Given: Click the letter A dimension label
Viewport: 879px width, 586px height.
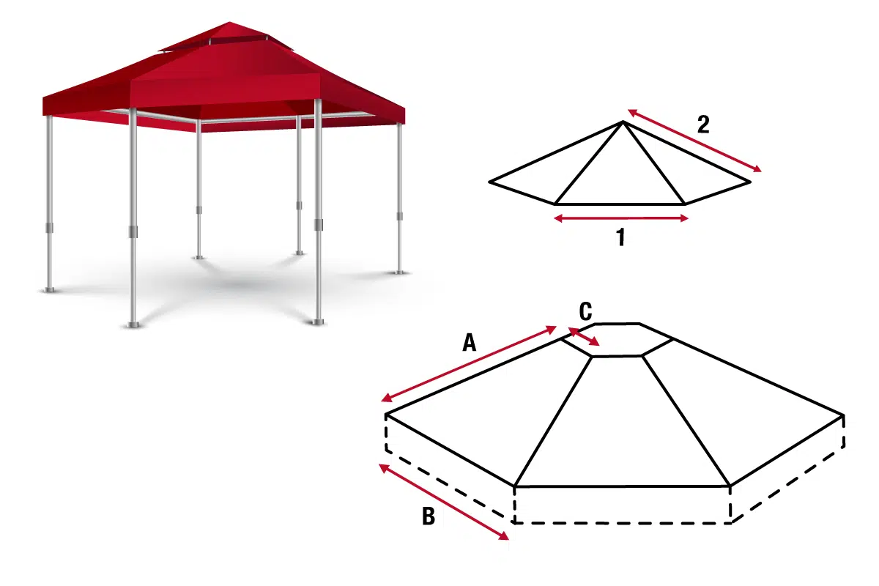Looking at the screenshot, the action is tap(470, 342).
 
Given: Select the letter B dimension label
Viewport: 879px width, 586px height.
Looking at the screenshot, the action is tap(429, 516).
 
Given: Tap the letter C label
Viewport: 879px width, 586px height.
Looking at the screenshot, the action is tap(585, 311).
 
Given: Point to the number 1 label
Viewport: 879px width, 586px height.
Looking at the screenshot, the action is tap(620, 237).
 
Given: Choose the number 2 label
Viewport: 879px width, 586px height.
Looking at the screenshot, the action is tap(703, 125).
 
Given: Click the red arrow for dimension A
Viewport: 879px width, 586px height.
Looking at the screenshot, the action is tap(469, 364).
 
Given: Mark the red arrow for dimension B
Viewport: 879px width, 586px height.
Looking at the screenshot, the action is tap(444, 502).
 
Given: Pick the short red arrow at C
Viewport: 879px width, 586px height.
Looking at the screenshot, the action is tap(584, 337).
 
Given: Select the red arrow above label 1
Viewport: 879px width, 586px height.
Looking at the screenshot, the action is tap(621, 218).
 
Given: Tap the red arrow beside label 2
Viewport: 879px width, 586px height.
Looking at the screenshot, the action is tap(694, 141).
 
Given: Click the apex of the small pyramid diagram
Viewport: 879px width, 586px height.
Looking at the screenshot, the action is tap(623, 122).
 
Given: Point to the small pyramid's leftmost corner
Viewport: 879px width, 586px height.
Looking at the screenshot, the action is tap(489, 182).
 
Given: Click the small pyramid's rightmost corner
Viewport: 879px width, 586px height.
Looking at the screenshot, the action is tap(750, 182).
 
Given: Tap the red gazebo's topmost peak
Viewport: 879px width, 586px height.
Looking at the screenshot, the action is tap(229, 22).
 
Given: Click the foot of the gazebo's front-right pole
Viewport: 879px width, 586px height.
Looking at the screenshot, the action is tap(318, 322).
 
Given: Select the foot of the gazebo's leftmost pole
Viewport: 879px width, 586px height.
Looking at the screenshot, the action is tap(50, 289).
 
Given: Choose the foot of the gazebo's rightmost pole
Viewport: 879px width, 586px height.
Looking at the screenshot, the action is tap(400, 272).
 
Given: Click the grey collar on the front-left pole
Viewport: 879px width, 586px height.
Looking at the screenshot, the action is tap(133, 231).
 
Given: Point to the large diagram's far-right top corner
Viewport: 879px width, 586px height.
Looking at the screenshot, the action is tap(843, 415).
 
